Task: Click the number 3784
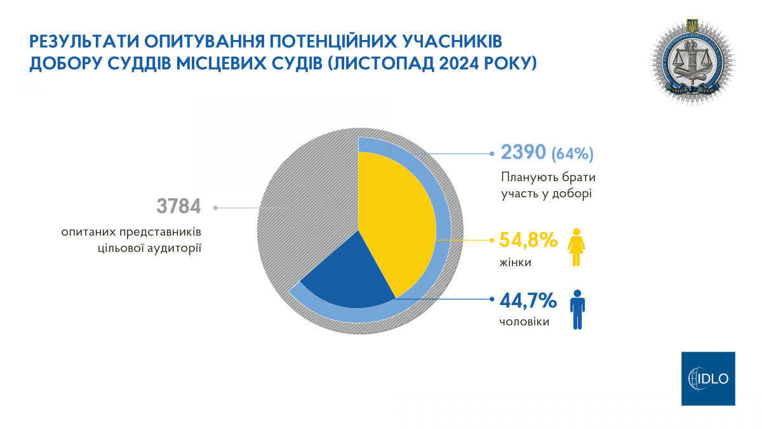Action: click(x=178, y=207)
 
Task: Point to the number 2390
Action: click(x=523, y=153)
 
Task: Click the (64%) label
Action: click(x=572, y=153)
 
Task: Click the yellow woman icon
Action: click(x=577, y=247)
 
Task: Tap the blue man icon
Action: click(x=577, y=310)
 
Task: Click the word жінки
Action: click(x=514, y=262)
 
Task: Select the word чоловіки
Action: click(x=525, y=322)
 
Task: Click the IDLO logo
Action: click(x=707, y=378)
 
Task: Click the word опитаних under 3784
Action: click(x=89, y=233)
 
